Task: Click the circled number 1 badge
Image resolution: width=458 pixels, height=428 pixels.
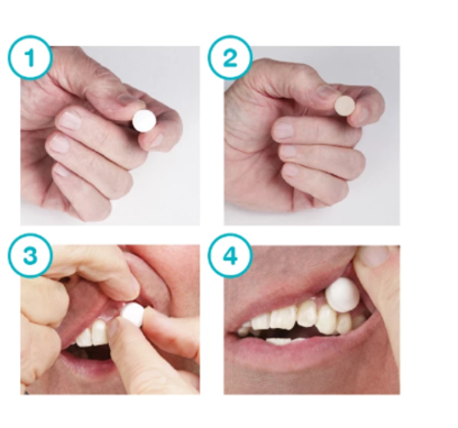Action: click(x=30, y=57)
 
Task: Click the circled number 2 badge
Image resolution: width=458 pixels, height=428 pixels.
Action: click(x=231, y=57)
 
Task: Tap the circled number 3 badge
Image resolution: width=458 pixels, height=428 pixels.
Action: click(x=30, y=255)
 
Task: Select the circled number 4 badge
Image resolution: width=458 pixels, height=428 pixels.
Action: click(x=231, y=256)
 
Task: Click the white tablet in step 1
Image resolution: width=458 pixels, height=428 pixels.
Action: click(x=144, y=121)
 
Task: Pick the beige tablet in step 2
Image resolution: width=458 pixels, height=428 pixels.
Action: click(x=345, y=105)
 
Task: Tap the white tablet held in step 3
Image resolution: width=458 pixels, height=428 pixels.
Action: click(x=133, y=314)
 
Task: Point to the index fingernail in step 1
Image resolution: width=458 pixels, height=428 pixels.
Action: click(x=69, y=119)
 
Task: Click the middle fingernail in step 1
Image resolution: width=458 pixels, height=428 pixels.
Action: click(x=59, y=144)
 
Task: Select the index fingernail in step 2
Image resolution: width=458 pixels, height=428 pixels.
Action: click(x=282, y=130)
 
